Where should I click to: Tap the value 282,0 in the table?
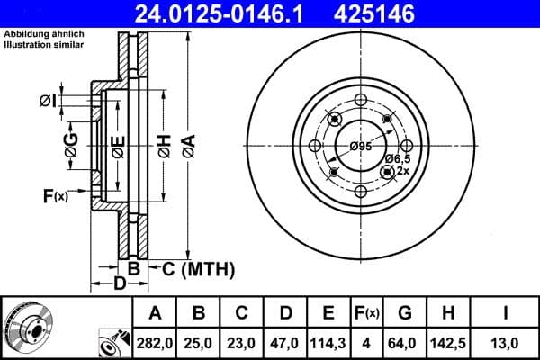click(155, 342)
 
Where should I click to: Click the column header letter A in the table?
click(155, 313)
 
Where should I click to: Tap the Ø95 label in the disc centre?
click(361, 147)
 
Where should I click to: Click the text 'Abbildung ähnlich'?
click(40, 35)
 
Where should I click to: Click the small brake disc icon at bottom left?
click(27, 327)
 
